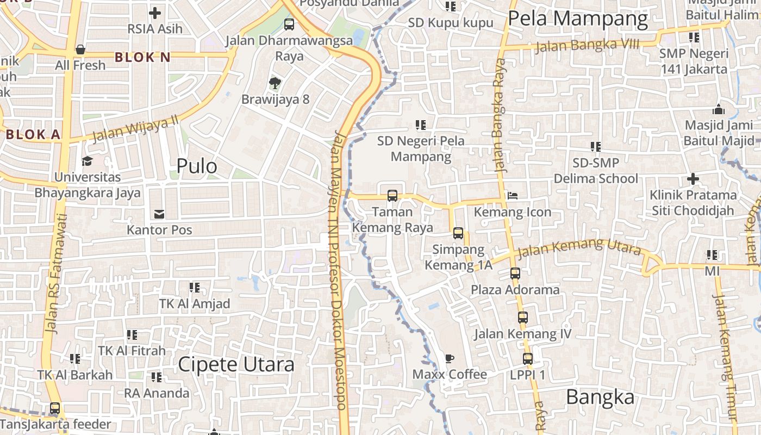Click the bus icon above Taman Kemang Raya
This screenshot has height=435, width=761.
392,196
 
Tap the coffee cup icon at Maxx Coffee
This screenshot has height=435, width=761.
449,358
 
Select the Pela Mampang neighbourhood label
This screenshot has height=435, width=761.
578,19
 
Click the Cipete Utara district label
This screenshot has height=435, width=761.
236,364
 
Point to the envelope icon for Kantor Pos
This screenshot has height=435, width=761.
159,214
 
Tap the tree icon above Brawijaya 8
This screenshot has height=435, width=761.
275,83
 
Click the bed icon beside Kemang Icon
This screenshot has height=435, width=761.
512,196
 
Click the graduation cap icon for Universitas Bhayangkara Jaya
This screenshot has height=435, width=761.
87,161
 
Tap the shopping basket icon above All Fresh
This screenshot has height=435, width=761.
80,49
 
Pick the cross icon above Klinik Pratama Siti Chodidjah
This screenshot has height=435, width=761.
693,178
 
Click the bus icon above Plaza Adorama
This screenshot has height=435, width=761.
515,274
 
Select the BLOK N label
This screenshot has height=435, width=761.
142,57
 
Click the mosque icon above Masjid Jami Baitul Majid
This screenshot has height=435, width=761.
719,109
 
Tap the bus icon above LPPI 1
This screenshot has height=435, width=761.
527,358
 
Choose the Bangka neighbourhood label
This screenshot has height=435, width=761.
600,397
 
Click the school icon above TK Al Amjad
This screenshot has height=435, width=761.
194,287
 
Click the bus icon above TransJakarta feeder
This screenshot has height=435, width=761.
55,408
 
